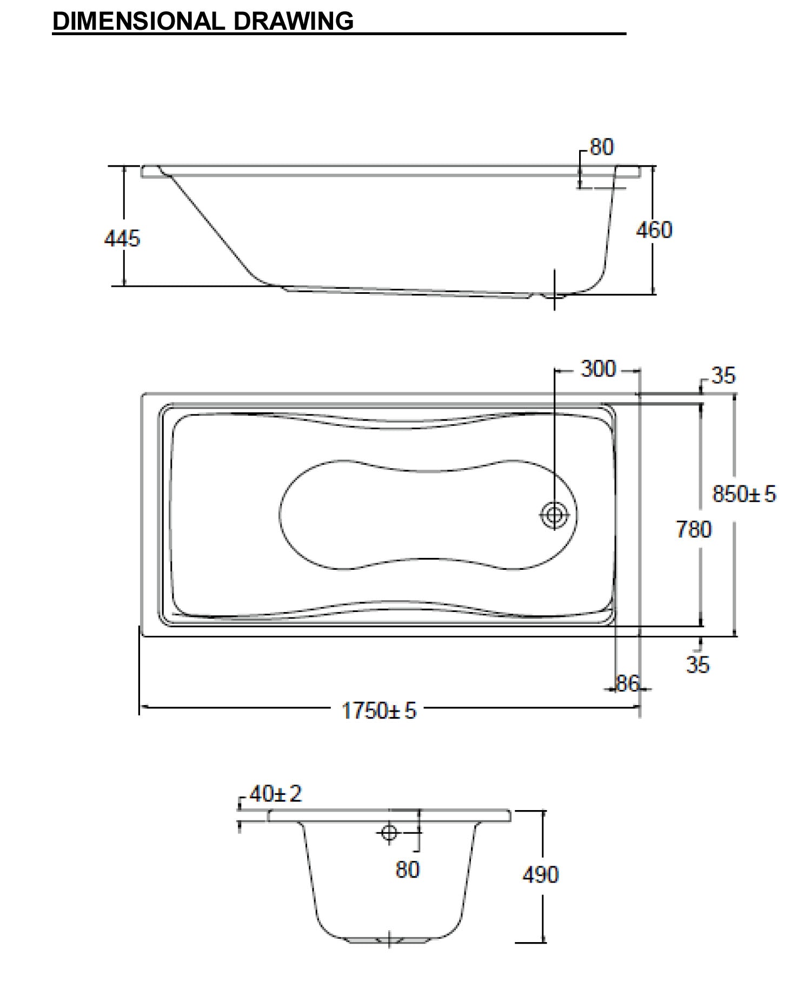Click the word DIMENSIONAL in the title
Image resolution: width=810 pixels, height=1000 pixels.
click(x=138, y=21)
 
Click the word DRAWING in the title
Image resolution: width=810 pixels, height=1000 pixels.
click(x=294, y=21)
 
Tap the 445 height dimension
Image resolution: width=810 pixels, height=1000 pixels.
click(x=122, y=238)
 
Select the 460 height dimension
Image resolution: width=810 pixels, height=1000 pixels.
click(x=654, y=230)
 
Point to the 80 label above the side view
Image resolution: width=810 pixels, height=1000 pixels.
click(x=602, y=147)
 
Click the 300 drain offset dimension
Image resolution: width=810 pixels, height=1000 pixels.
click(x=598, y=369)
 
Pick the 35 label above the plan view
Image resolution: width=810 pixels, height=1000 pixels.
click(x=723, y=376)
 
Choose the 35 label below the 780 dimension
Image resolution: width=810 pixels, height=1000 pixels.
click(x=698, y=665)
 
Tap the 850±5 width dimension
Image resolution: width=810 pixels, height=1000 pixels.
click(x=744, y=494)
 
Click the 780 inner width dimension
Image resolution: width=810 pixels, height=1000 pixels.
click(x=694, y=529)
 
